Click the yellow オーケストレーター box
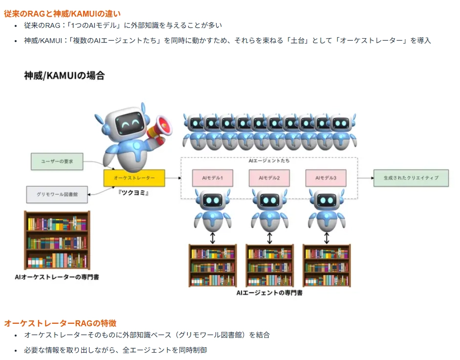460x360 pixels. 134,178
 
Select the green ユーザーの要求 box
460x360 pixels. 57,161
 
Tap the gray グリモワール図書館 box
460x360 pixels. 57,194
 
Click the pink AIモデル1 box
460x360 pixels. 212,178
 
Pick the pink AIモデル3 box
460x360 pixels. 326,178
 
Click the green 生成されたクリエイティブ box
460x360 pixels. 411,178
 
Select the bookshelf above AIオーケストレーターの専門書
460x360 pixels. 57,240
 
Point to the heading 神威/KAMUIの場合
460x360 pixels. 64,75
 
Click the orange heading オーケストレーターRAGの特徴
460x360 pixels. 60,323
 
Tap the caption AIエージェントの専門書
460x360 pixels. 269,292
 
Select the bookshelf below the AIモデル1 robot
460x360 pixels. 213,266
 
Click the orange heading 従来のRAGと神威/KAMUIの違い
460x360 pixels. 62,14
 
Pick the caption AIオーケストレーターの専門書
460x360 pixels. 57,277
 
